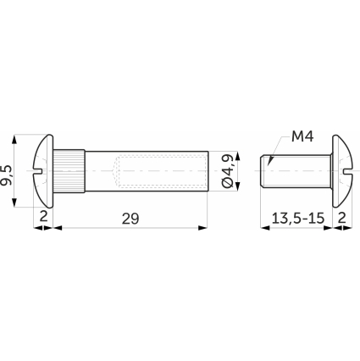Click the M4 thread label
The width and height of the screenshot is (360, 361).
302,137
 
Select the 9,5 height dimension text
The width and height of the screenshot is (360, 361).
6,175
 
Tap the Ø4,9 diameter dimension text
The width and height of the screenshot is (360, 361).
228,170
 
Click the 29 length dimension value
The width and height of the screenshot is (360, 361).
130,219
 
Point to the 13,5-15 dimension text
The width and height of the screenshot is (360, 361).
298,218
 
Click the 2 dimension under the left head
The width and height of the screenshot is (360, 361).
43,217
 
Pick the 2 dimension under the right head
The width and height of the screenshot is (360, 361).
342,218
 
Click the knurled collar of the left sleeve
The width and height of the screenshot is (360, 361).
69,171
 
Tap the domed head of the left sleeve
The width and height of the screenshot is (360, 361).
43,171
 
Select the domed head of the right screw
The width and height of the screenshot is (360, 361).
341,171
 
